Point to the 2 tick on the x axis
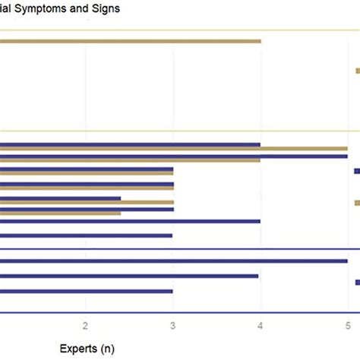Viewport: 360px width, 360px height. click(x=86, y=324)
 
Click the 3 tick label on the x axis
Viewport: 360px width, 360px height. click(x=173, y=324)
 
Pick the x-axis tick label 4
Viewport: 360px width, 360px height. click(x=261, y=324)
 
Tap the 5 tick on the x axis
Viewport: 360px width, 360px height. click(x=348, y=324)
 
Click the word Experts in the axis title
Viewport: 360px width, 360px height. click(x=79, y=349)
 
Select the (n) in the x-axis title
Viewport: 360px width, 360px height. click(x=108, y=349)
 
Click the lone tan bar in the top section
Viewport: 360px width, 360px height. click(x=129, y=41)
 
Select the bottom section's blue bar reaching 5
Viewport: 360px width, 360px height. click(x=173, y=261)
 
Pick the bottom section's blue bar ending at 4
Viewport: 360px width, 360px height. click(x=129, y=276)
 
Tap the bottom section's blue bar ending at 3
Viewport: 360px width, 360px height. click(x=86, y=291)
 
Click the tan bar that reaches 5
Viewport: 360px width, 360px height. click(x=173, y=149)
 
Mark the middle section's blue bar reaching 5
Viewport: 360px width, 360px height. click(x=173, y=156)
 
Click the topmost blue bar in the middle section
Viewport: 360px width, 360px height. click(x=129, y=144)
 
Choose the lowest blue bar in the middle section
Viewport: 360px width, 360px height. click(x=86, y=235)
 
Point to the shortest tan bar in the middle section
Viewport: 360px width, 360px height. click(x=60, y=213)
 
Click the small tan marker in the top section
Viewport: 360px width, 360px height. click(x=357, y=71)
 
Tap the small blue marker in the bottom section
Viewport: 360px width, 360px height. click(x=357, y=282)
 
